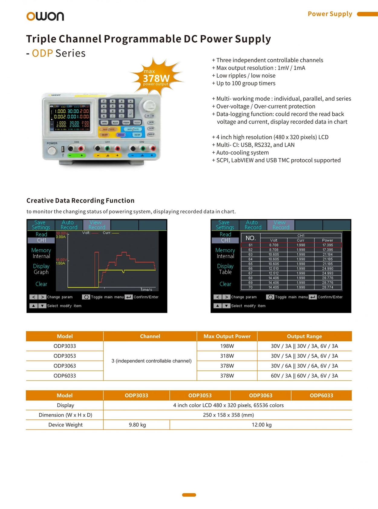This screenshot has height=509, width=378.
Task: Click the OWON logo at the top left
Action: (x=45, y=16)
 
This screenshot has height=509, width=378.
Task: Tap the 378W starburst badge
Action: (x=156, y=78)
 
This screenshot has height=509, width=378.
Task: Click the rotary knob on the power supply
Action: (x=149, y=106)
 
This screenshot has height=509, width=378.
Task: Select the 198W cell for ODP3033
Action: (x=227, y=346)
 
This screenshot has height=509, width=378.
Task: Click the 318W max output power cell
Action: (x=227, y=356)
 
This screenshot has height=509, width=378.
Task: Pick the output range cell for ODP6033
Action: (x=304, y=376)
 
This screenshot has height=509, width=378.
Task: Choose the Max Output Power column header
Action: (x=227, y=336)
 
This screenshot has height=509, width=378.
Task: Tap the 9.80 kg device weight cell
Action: (x=137, y=425)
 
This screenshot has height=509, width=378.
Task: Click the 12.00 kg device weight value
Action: (x=262, y=425)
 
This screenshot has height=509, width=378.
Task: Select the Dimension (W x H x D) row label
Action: (x=65, y=415)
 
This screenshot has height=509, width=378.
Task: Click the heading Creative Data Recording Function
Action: (x=80, y=200)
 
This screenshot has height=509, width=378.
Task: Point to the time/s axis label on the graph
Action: (x=146, y=290)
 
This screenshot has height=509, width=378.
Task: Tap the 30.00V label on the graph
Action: (x=61, y=233)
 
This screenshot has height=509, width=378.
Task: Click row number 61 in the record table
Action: (x=250, y=245)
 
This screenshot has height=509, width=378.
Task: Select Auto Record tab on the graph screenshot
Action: (x=69, y=225)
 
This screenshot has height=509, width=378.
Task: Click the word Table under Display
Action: (x=225, y=272)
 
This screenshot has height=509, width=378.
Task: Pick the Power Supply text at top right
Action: (x=330, y=14)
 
